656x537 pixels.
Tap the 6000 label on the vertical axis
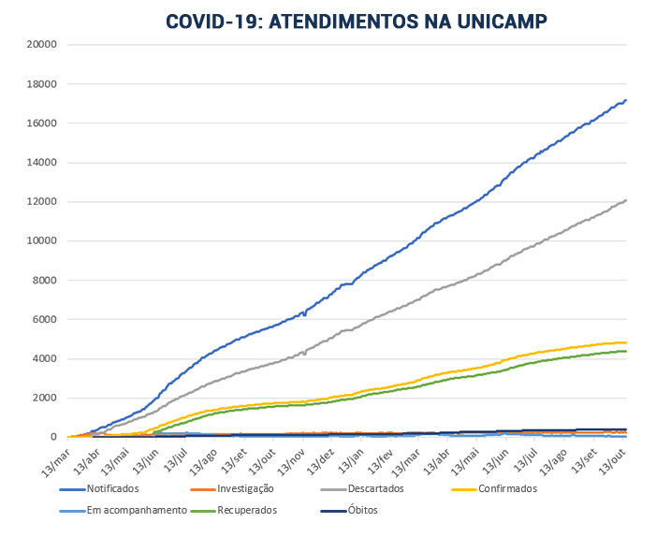pos(46,319)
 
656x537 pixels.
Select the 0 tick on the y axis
pos(55,437)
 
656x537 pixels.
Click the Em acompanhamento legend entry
pos(137,511)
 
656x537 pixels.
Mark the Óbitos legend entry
pos(361,511)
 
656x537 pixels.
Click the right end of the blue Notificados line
pos(626,100)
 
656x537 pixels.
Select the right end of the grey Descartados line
pos(626,199)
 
